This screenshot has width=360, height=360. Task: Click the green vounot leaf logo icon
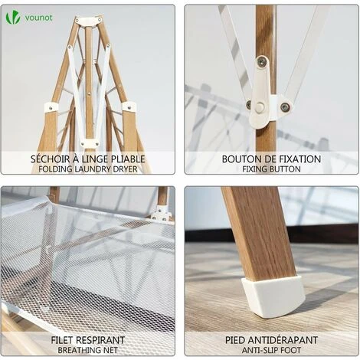pos(13,18)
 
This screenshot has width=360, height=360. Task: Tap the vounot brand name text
pos(38,18)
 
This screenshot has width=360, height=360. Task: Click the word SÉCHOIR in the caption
pos(50,159)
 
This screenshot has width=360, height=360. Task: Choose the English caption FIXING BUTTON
pos(271,169)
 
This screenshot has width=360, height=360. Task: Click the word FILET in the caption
pos(62,340)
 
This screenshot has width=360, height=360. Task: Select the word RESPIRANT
pos(100,340)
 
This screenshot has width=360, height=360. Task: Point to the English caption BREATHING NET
pos(88,350)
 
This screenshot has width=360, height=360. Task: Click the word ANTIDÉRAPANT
pos(283,340)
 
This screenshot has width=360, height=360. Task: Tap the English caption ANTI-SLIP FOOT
pos(271,350)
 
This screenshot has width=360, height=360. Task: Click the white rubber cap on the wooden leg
pos(273,296)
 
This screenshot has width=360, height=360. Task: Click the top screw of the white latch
pos(262,61)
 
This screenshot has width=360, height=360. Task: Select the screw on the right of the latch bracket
pos(285,107)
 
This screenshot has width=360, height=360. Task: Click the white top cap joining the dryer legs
pos(89,21)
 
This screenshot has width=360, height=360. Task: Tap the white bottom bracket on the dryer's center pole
pos(90,143)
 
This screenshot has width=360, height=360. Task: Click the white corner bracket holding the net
pos(161,214)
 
